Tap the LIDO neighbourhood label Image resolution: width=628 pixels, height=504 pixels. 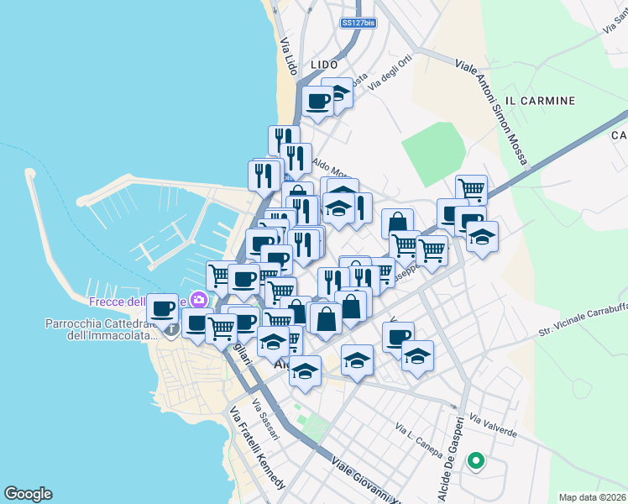[323, 65]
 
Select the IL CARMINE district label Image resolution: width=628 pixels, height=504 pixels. [542, 101]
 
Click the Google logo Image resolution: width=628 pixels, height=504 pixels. [28, 494]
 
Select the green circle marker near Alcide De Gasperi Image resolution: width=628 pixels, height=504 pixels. [475, 459]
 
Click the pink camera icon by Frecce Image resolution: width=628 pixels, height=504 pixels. [199, 299]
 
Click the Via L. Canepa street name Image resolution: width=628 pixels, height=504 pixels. [418, 440]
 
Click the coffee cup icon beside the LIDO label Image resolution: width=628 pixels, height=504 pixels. [318, 102]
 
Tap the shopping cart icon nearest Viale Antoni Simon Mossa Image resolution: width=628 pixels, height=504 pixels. [471, 190]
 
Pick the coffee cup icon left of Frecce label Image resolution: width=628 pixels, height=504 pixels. [163, 308]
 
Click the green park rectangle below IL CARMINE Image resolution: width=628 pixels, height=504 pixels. [433, 147]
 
